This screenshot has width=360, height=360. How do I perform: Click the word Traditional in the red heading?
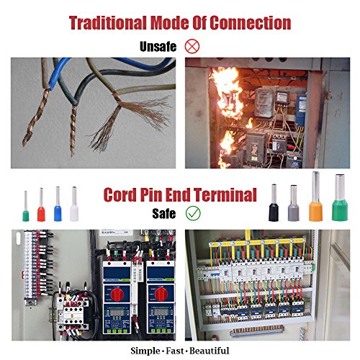click(x=108, y=23)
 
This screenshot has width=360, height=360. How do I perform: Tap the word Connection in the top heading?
click(x=251, y=23)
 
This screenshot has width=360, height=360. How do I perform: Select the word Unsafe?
click(x=158, y=46)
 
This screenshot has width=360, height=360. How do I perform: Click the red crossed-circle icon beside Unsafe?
click(x=192, y=46)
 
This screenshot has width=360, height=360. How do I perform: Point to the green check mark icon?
click(x=193, y=213)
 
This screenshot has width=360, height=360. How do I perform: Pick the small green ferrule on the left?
click(x=26, y=206)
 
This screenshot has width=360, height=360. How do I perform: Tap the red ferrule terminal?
click(x=41, y=204)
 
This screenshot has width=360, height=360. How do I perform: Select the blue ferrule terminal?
click(x=58, y=204)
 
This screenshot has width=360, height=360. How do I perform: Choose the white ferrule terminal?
click(x=74, y=204)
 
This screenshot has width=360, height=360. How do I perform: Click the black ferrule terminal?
click(x=274, y=202)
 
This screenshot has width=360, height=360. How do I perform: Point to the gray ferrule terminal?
click(x=294, y=203)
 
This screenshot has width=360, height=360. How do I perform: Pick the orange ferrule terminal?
click(x=315, y=197)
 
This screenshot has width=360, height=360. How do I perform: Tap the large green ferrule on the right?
click(x=340, y=197)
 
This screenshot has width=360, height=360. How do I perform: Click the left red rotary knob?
click(x=117, y=294)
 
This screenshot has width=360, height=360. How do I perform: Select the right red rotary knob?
click(x=161, y=294)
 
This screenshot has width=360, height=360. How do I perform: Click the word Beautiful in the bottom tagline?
click(x=210, y=351)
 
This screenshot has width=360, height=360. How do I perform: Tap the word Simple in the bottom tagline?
click(x=145, y=351)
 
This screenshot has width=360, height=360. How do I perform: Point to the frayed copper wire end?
click(x=130, y=121)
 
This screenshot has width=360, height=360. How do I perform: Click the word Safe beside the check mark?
click(x=164, y=213)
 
